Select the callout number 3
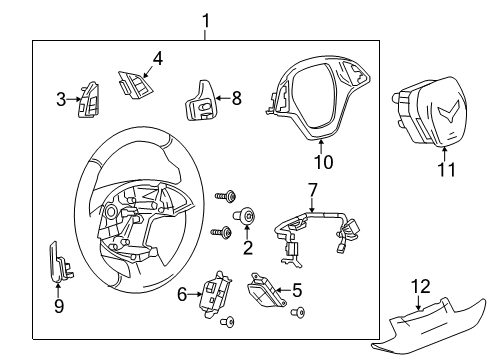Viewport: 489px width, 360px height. (61, 98)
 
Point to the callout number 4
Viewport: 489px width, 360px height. (157, 58)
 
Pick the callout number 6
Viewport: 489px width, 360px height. (183, 293)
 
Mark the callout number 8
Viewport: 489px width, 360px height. (237, 98)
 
